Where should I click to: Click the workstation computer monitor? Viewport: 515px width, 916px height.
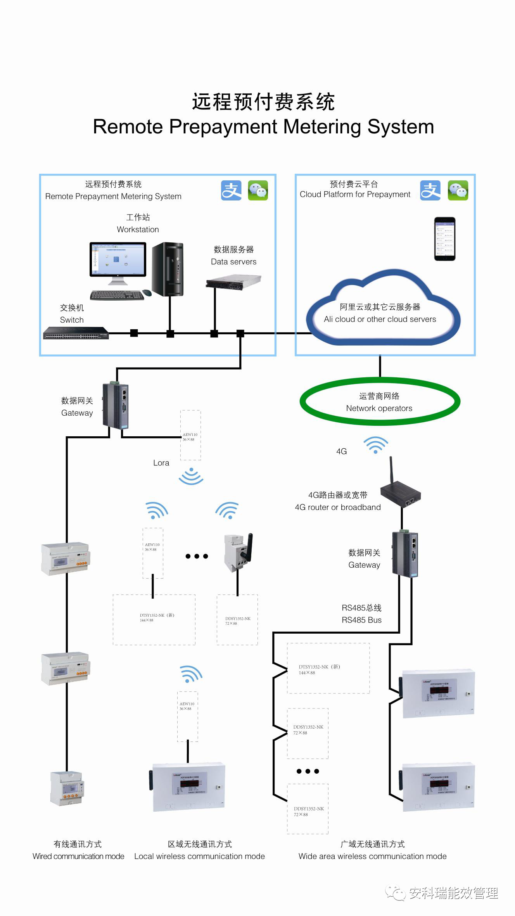tap(118, 259)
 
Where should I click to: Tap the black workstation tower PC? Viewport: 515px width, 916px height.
tap(168, 269)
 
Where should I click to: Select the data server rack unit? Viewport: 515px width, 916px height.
tap(233, 282)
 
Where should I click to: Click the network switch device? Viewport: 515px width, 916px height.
tap(76, 333)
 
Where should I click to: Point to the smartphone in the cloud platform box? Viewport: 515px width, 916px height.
tap(444, 239)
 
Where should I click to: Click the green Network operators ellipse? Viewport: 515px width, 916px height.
tap(380, 402)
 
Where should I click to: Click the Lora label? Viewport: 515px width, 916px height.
tap(161, 463)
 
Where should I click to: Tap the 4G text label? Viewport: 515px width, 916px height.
tap(341, 451)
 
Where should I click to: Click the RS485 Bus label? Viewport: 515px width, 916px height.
tap(361, 620)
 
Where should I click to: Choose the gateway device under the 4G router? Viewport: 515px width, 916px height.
tap(405, 555)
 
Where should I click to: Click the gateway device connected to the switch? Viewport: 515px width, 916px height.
tap(115, 406)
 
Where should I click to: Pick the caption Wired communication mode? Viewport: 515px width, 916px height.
tap(78, 856)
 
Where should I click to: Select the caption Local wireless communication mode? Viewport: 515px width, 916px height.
tap(199, 856)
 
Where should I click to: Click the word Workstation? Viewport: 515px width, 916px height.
tap(138, 229)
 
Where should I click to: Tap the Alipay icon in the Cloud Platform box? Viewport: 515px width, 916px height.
tap(430, 190)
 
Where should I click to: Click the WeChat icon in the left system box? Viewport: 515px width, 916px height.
tap(258, 190)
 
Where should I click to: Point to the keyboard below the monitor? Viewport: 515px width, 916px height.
tap(117, 295)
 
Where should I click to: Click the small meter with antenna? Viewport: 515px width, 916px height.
tap(238, 552)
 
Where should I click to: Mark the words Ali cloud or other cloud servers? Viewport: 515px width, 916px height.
tap(380, 319)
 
